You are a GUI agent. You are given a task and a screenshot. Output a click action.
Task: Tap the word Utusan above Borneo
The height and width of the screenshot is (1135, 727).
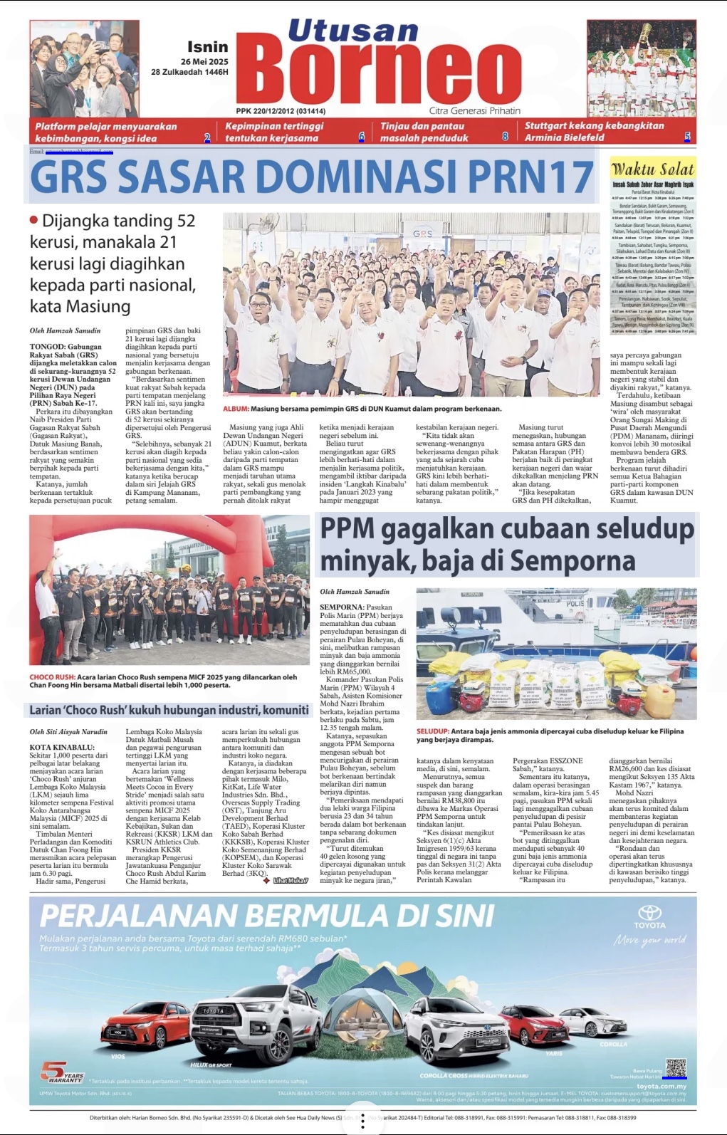pos(352,31)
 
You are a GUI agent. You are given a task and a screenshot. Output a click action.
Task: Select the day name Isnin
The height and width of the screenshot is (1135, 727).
pos(207,47)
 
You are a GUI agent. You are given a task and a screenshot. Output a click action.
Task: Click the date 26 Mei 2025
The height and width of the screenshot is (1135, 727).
pos(204,62)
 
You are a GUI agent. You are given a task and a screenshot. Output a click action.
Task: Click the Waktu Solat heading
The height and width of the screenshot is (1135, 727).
pos(652,169)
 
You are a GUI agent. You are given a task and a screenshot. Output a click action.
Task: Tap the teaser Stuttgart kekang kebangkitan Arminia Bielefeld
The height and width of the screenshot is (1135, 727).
pos(594,131)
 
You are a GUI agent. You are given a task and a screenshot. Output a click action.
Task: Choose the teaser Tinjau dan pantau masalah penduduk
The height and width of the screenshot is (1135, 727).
pos(424,132)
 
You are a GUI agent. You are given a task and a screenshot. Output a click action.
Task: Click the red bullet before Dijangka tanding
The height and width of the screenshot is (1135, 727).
pos(33,220)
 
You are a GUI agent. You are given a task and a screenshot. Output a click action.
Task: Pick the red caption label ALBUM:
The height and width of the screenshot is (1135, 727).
pos(236,409)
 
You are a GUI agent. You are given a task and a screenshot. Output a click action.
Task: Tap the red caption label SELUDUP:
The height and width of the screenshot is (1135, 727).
pos(432,731)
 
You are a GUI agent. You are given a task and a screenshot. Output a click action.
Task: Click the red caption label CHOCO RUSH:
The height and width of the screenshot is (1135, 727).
pos(52,677)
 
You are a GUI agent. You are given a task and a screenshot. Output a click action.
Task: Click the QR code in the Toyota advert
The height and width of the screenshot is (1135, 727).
pos(675,1069)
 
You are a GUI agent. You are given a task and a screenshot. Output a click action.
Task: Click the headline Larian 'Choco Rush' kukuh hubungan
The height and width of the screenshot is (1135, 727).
pos(169,710)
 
